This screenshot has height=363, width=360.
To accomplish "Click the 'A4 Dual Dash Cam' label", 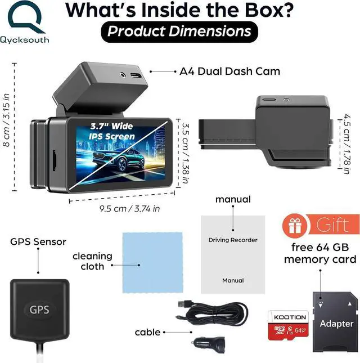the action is point(229,71).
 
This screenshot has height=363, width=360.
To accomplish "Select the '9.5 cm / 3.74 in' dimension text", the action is point(121,208).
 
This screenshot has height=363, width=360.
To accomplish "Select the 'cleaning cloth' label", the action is point(92,261).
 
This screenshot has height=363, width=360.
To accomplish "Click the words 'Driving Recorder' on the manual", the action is point(232,240).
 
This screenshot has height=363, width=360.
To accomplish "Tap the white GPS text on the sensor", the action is point(39,309).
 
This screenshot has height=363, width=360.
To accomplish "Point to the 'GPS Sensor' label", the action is point(38,242).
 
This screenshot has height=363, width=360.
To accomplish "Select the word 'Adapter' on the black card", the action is point(336,324).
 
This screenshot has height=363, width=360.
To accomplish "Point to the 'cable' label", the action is point(147,333).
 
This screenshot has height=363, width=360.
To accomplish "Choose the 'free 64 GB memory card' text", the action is point(319,253).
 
